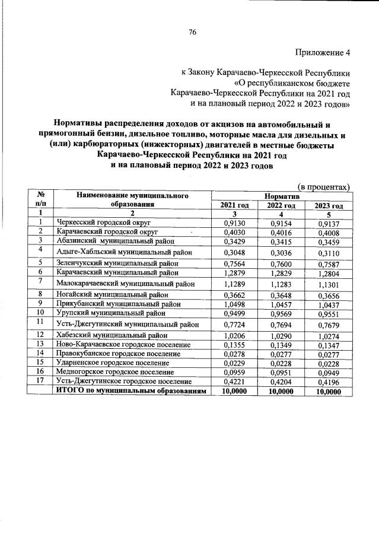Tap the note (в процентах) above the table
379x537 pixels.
323,187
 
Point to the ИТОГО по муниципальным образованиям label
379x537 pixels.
131,392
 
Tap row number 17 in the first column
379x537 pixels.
42,381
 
